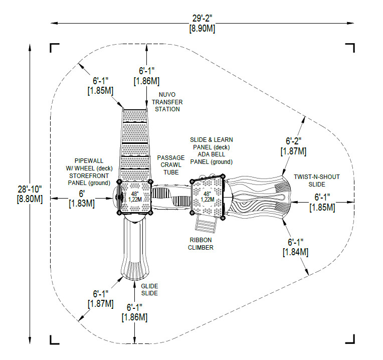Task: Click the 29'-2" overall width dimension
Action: (202, 19)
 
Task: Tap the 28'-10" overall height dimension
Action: (30, 189)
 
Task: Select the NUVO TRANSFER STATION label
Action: (167, 102)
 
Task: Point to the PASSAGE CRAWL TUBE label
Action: (171, 165)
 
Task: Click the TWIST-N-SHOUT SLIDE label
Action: (317, 181)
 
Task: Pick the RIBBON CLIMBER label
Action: (201, 244)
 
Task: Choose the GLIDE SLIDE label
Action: (149, 289)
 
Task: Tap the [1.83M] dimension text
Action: (82, 203)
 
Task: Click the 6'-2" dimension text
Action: (294, 141)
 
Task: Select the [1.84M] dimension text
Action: (296, 252)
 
